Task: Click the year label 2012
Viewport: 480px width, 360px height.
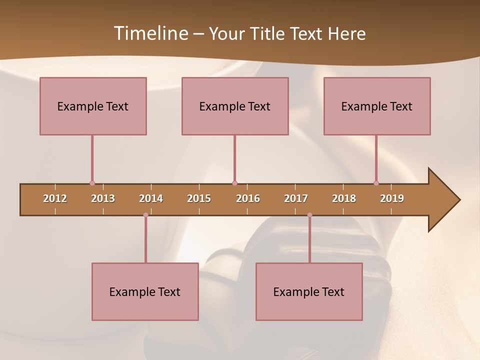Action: coord(55,198)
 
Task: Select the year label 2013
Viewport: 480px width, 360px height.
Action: coord(103,198)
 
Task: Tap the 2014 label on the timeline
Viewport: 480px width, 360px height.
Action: coord(151,198)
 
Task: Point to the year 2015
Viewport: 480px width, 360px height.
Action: coord(199,198)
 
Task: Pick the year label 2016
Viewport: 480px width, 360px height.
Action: coord(248,198)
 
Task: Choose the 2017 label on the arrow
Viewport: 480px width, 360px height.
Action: coord(296,198)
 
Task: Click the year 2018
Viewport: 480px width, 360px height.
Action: coord(344,198)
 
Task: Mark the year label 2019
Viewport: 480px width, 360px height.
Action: coord(392,198)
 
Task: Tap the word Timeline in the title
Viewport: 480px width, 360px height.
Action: coord(150,33)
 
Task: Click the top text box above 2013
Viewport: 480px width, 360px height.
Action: coord(93,106)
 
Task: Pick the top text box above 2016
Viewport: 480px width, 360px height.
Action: coord(235,106)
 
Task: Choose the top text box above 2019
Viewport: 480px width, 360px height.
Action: coord(377,106)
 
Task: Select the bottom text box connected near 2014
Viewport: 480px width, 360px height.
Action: coord(145,291)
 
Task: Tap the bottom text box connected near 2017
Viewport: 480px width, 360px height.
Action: coord(309,291)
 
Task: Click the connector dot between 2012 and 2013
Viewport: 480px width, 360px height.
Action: coord(92,183)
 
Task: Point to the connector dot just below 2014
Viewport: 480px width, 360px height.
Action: coord(145,215)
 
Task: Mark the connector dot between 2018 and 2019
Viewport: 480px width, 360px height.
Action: coord(376,183)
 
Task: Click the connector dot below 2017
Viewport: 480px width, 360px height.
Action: coord(309,215)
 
